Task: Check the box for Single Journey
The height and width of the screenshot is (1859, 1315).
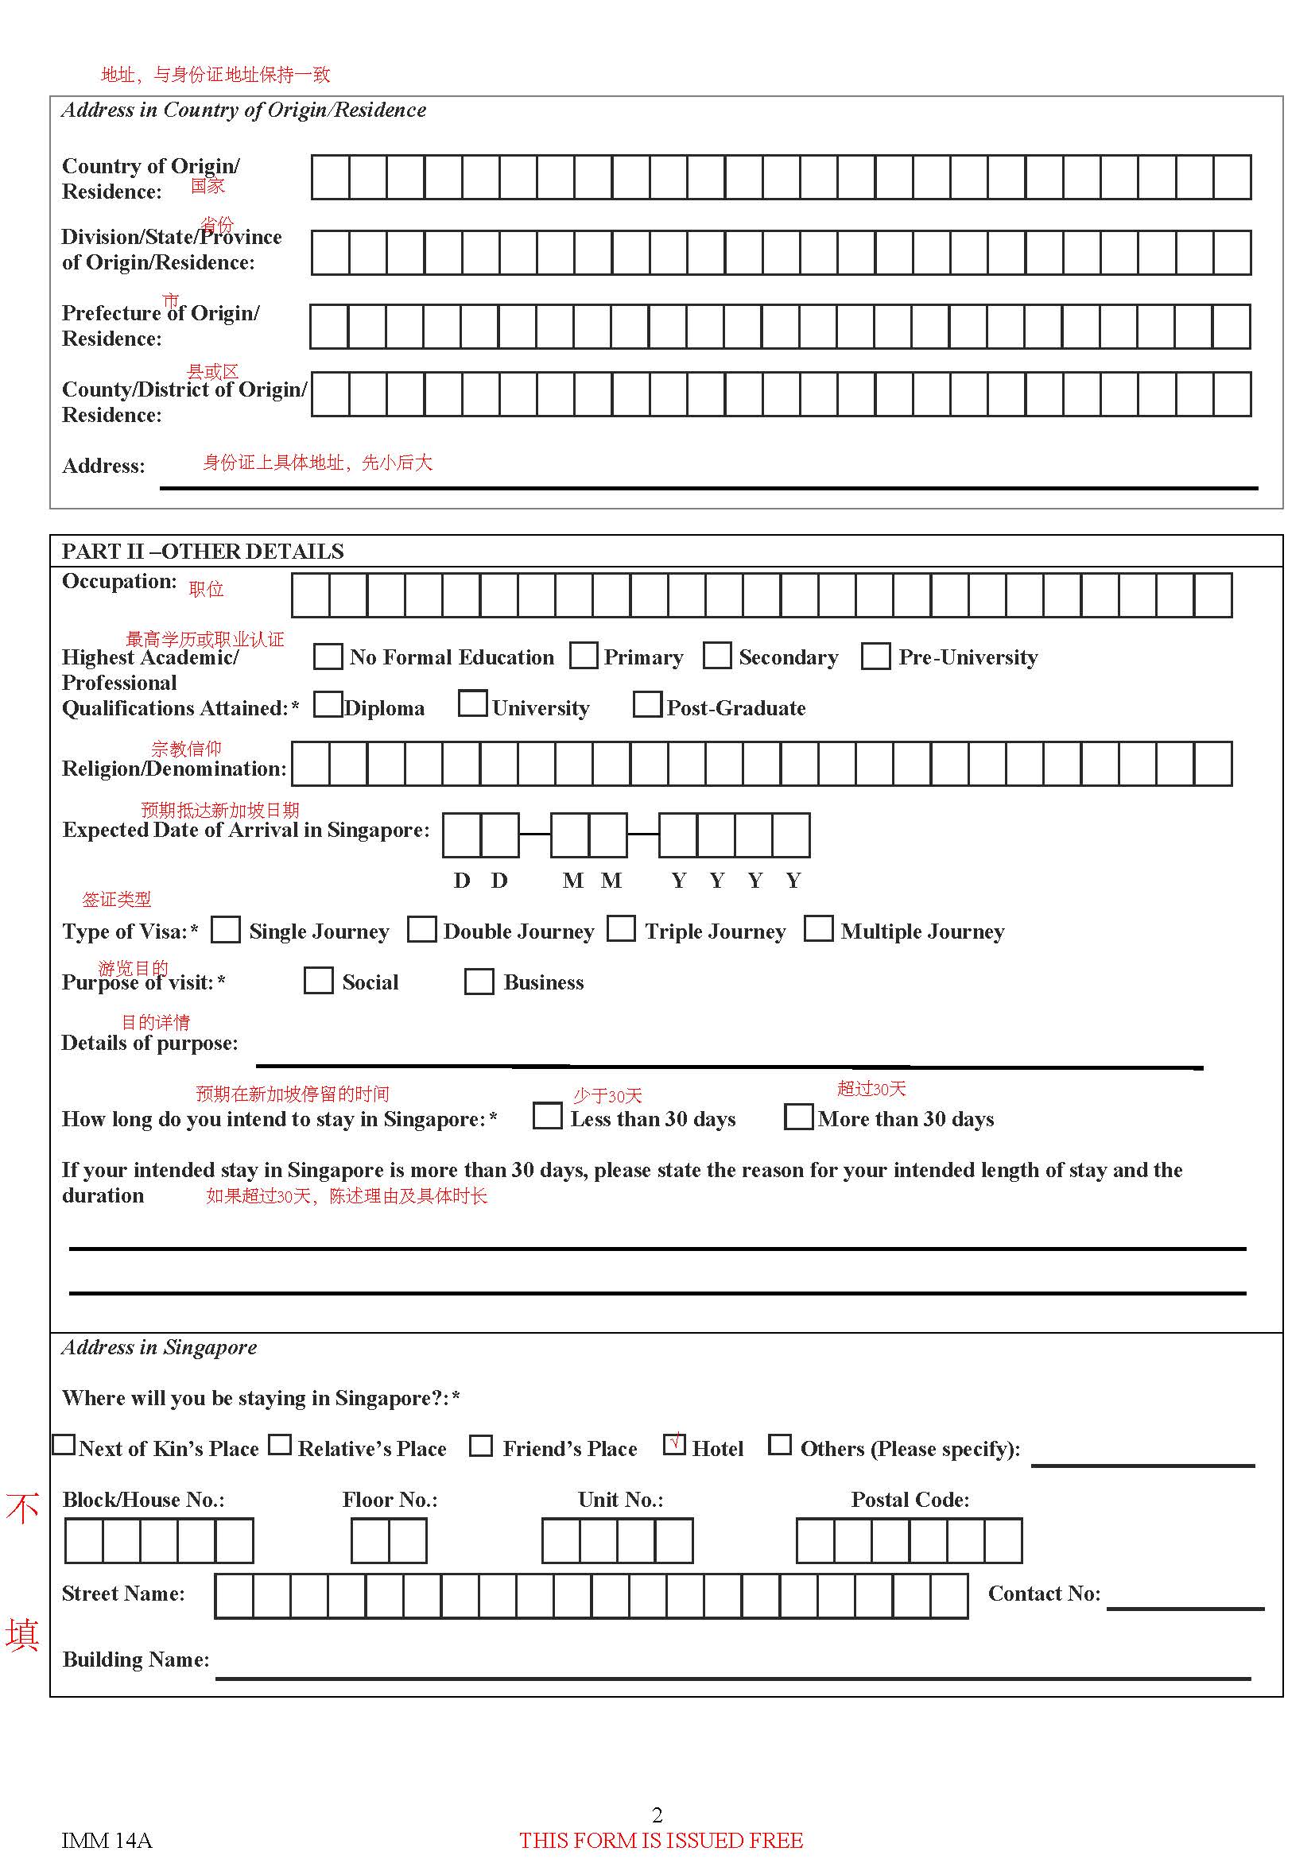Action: pyautogui.click(x=225, y=930)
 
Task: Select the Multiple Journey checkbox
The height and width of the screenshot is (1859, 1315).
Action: pyautogui.click(x=818, y=928)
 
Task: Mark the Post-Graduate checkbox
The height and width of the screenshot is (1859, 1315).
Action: pyautogui.click(x=647, y=704)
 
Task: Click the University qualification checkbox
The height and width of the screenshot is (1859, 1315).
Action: pyautogui.click(x=472, y=703)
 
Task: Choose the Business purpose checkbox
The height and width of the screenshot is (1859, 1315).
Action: pyautogui.click(x=479, y=982)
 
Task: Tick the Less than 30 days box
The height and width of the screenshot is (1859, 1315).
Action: pyautogui.click(x=547, y=1116)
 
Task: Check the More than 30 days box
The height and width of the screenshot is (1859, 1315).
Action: pyautogui.click(x=798, y=1117)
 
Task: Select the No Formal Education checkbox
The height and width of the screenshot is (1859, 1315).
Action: pyautogui.click(x=328, y=656)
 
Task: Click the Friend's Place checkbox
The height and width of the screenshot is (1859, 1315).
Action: pyautogui.click(x=481, y=1445)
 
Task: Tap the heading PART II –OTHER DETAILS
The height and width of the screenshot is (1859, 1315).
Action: pyautogui.click(x=203, y=552)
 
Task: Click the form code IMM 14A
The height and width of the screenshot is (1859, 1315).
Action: pyautogui.click(x=107, y=1841)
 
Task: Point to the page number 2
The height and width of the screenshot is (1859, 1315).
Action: pyautogui.click(x=657, y=1814)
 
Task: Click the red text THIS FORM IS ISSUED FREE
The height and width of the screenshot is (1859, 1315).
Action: pyautogui.click(x=661, y=1841)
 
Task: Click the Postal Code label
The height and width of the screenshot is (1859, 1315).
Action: pyautogui.click(x=910, y=1500)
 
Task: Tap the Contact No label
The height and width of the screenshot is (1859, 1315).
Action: pyautogui.click(x=1044, y=1594)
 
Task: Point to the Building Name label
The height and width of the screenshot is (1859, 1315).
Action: pyautogui.click(x=135, y=1660)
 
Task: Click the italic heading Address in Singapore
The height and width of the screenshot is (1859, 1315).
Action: pyautogui.click(x=160, y=1347)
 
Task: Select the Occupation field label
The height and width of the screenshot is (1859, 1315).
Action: pyautogui.click(x=119, y=581)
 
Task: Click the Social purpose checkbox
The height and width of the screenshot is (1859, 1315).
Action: pyautogui.click(x=318, y=982)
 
